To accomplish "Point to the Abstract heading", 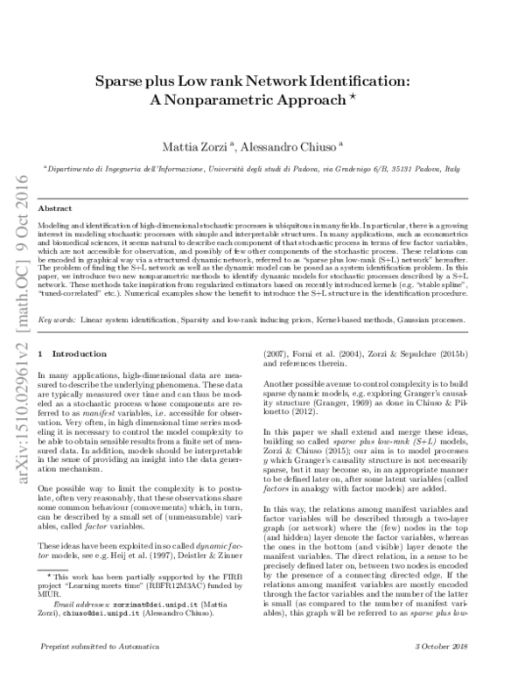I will coord(56,209).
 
